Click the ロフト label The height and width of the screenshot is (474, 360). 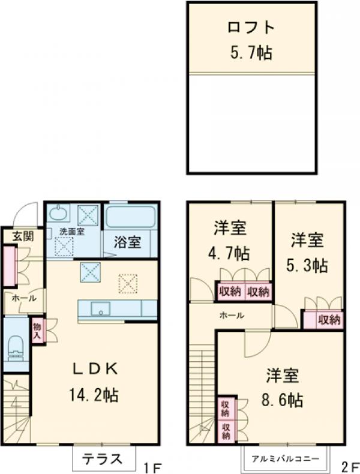[251, 28]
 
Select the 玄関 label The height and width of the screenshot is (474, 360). [22, 236]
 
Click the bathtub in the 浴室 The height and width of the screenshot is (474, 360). [131, 217]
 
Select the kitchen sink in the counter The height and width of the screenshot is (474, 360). [101, 309]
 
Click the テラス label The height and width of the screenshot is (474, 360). [101, 459]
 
